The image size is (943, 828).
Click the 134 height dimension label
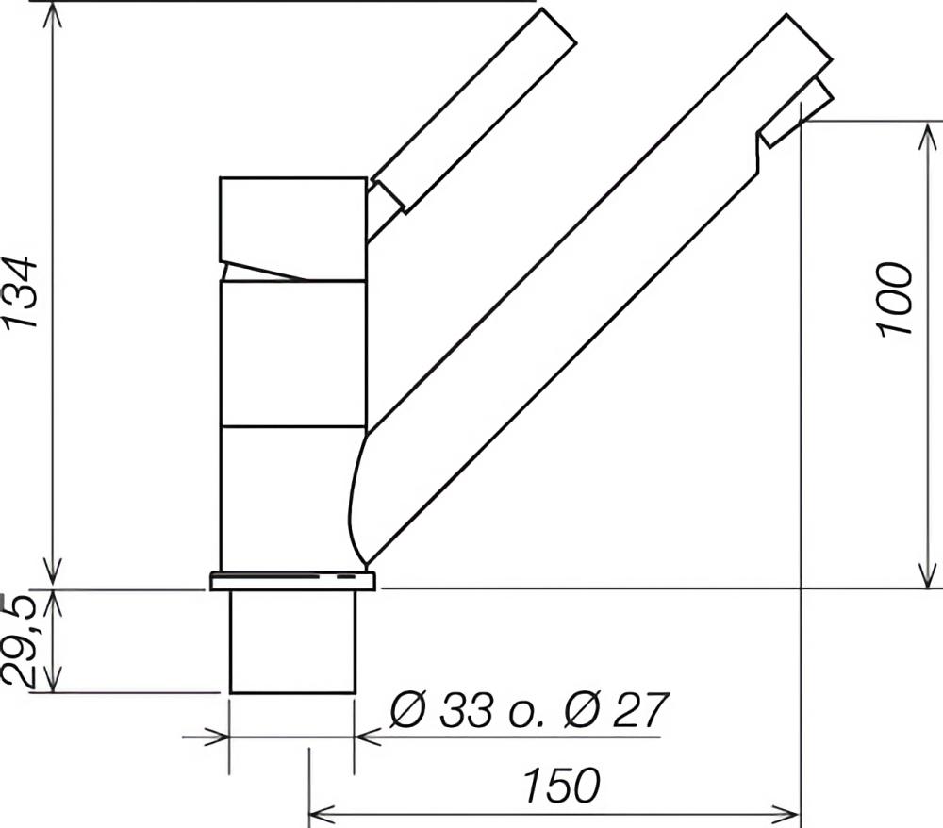(x=22, y=293)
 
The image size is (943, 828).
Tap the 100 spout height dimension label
(x=895, y=300)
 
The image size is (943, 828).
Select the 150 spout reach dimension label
(x=562, y=786)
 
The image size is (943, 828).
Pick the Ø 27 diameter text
(x=616, y=710)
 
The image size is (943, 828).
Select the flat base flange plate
(x=292, y=582)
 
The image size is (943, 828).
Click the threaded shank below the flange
(x=293, y=642)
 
